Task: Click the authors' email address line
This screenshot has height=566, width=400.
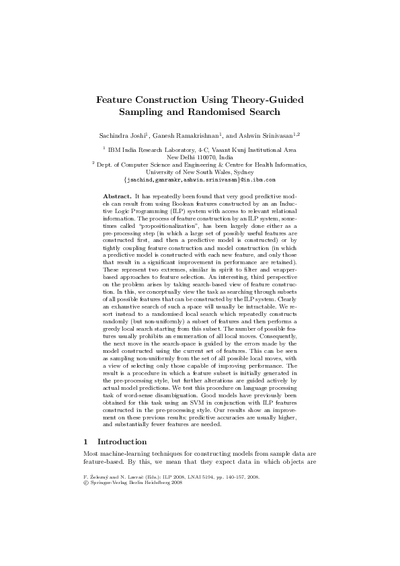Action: [200, 179]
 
